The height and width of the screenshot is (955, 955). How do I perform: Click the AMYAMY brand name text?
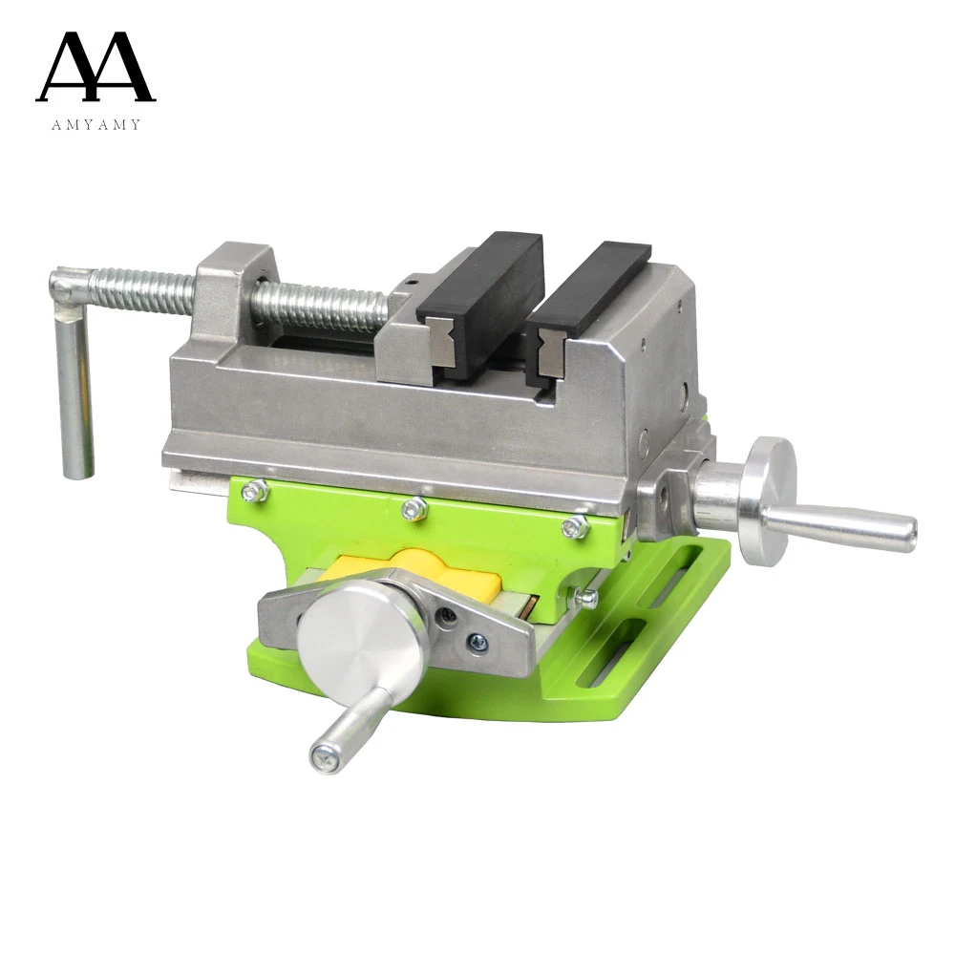95,124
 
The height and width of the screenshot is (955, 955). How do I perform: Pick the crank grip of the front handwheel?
349,726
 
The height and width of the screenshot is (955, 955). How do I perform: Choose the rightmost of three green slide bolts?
573,525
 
